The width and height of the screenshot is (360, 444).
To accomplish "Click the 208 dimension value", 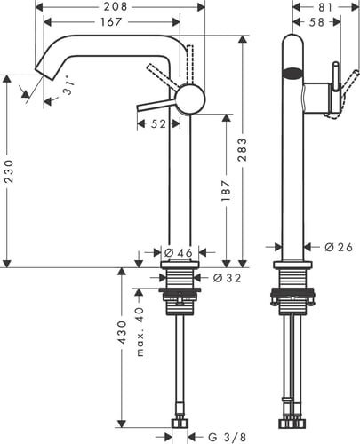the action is point(116,6).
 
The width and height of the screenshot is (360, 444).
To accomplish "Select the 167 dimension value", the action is point(111,21).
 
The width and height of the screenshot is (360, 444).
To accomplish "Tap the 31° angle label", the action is point(69,88).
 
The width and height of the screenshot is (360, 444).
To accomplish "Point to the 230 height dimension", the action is point(9,171).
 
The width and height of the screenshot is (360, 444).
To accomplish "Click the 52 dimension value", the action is point(159,124).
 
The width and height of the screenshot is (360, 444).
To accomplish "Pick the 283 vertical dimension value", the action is point(242,149).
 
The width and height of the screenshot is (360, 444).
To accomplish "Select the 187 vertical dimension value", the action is point(226,191).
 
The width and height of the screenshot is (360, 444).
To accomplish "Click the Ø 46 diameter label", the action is point(178,253).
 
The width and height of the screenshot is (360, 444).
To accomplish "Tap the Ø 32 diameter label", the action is point(227,278).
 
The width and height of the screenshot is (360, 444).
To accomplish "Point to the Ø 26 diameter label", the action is point(339,247).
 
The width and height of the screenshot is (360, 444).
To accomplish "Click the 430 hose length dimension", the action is point(122,332).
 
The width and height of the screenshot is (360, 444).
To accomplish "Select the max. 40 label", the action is point(140,332).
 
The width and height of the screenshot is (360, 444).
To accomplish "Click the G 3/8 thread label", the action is point(228,437).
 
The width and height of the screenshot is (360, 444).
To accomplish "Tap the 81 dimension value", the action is point(325,7).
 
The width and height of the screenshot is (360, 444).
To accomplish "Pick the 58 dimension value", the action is point(316,22).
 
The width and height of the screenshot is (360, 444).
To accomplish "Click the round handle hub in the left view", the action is point(190,99).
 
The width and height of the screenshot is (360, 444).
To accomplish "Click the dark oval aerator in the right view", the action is point(292,73).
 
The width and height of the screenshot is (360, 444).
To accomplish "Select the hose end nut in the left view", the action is point(180,423).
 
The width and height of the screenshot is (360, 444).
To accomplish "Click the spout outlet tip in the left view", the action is point(44,75).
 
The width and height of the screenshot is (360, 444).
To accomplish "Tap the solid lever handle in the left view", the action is point(157,105).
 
